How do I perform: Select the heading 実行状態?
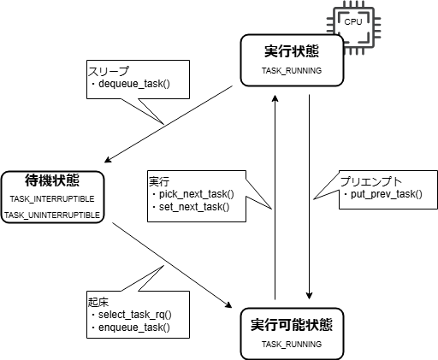coord(292,51)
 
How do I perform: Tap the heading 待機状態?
coord(52,180)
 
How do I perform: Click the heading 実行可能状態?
coord(292,325)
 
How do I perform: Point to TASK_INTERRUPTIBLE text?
coord(52,199)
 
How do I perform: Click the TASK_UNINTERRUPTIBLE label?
coord(52,215)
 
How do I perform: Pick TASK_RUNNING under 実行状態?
coord(292,71)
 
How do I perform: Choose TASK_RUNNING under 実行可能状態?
coord(292,345)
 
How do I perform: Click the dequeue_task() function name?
coord(134,84)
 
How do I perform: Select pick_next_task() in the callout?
coord(197,194)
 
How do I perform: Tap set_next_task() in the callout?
coord(194,207)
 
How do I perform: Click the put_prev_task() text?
coord(387,194)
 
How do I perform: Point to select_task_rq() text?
coord(135,315)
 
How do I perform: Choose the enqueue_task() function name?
coord(134,328)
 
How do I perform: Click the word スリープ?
coord(109,71)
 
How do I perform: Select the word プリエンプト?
coord(370,181)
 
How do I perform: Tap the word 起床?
coord(98,303)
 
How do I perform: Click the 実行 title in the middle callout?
coord(159,181)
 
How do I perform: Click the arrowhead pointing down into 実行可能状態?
coord(310,296)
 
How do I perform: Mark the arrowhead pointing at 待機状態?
coord(108,160)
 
